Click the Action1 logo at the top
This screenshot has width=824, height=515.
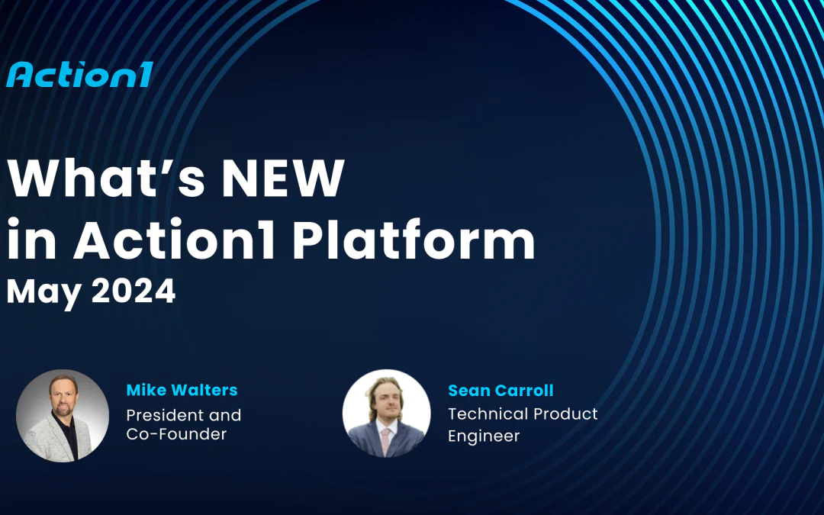(79, 74)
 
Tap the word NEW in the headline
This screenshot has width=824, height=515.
(281, 179)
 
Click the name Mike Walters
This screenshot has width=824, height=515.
(182, 390)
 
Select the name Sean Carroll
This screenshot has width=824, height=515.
(501, 391)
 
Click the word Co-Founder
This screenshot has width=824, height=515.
(176, 434)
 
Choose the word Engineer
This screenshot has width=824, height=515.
(484, 436)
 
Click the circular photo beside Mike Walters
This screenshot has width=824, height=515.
(63, 415)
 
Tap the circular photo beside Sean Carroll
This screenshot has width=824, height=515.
(386, 414)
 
